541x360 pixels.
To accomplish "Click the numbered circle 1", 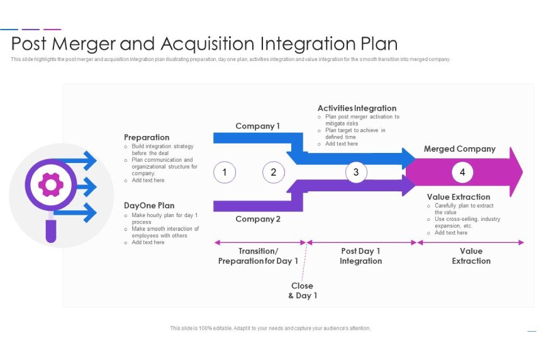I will coord(225,172).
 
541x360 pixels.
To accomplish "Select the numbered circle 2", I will coord(274,172).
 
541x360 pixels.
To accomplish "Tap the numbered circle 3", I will coord(356,172).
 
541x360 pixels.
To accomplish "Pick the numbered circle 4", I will coord(462,172).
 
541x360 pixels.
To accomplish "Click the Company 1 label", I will coord(257,126).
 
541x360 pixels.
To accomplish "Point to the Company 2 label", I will coord(258,219).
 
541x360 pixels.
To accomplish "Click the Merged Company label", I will coord(459,149).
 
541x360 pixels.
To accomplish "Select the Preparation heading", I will coord(147,137).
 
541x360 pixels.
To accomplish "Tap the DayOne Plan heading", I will coord(149,206).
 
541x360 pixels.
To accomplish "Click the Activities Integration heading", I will coord(357,108).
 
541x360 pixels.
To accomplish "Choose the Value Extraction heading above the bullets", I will coord(458,197).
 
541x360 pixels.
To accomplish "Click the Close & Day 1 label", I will coord(303,291).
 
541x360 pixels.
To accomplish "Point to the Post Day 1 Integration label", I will coord(360,256).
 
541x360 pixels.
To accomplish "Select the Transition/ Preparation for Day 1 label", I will coord(258,256).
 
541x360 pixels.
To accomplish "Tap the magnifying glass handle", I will coord(51,228).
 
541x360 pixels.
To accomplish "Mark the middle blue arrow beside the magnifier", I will coord(82,187).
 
